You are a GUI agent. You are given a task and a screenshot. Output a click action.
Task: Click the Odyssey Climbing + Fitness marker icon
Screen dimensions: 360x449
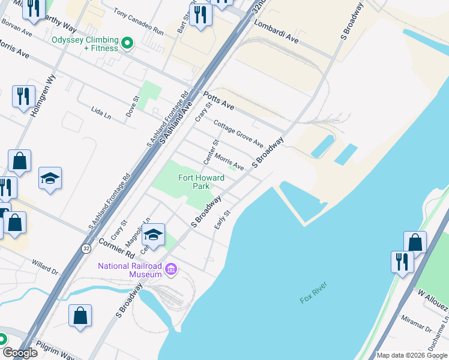127,43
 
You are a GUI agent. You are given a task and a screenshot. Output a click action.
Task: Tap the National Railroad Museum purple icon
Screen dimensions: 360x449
171,269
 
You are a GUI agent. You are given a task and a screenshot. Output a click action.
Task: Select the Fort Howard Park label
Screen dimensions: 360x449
201,182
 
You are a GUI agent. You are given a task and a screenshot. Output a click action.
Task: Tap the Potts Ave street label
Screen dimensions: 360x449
218,100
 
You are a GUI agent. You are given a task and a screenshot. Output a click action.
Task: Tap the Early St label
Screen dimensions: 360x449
223,219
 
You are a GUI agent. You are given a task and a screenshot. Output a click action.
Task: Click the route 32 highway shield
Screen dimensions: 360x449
86,247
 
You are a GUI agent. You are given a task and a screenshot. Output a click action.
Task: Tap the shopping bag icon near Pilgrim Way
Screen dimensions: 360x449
80,315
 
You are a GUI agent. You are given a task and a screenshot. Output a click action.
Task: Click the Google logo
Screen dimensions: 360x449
20,352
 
